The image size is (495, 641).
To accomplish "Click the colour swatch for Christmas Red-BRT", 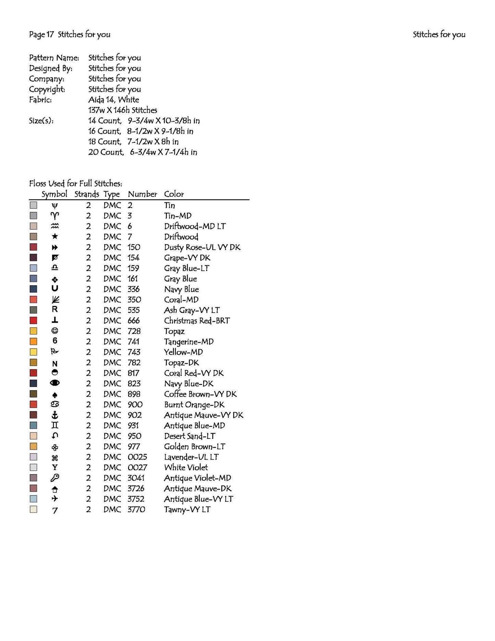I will [33, 320].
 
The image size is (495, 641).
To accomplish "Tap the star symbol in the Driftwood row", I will [54, 237].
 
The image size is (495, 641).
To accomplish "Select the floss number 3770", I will [136, 509].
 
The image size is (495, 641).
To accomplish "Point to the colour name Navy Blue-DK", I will [188, 384].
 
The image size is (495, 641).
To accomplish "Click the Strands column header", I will [86, 194].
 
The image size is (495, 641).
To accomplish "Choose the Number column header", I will [142, 194].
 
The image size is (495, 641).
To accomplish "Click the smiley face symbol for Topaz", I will [54, 331].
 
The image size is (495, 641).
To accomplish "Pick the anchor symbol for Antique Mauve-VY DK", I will [54, 415].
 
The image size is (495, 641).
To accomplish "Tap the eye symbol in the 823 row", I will [54, 383].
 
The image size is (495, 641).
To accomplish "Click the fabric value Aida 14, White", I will [113, 100].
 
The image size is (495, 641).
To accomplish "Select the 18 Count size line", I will [133, 142].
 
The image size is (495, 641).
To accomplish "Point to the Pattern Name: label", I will [54, 58].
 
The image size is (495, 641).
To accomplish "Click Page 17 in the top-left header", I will [41, 34].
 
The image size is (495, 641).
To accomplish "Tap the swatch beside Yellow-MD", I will [33, 352].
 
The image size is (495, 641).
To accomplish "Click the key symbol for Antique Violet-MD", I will [54, 478].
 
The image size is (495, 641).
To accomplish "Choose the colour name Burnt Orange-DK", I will [194, 404].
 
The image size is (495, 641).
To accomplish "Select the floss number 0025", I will [137, 457].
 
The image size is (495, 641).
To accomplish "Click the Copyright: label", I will [47, 89].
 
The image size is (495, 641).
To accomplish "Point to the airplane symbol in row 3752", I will [54, 499].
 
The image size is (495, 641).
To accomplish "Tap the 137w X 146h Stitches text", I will [122, 110].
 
